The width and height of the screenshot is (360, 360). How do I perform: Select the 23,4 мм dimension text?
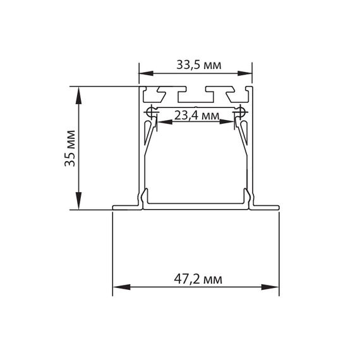tap(196, 116)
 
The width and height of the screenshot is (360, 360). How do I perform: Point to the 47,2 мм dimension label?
tap(196, 278)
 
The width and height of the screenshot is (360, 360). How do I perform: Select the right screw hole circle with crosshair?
tap(240, 112)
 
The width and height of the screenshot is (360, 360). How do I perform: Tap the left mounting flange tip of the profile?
tap(115, 207)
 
